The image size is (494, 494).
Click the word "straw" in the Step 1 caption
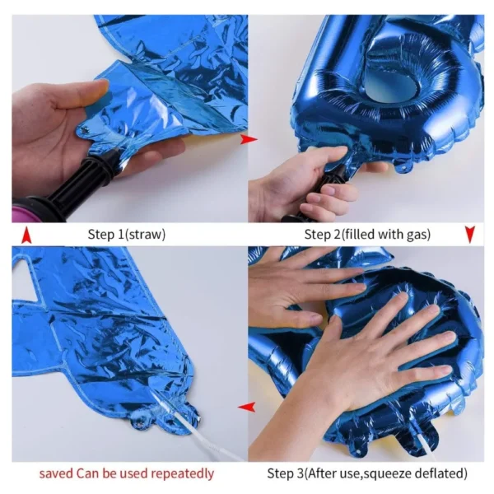(145, 235)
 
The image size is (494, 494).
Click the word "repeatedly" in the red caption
(183, 473)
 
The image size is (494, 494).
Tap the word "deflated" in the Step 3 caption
(440, 473)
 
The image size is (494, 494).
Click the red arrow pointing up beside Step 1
(26, 235)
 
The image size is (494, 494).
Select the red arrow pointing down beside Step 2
(470, 235)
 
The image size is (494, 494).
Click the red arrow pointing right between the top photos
(249, 139)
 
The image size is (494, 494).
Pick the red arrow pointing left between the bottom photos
(246, 407)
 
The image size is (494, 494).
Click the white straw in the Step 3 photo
(426, 447)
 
